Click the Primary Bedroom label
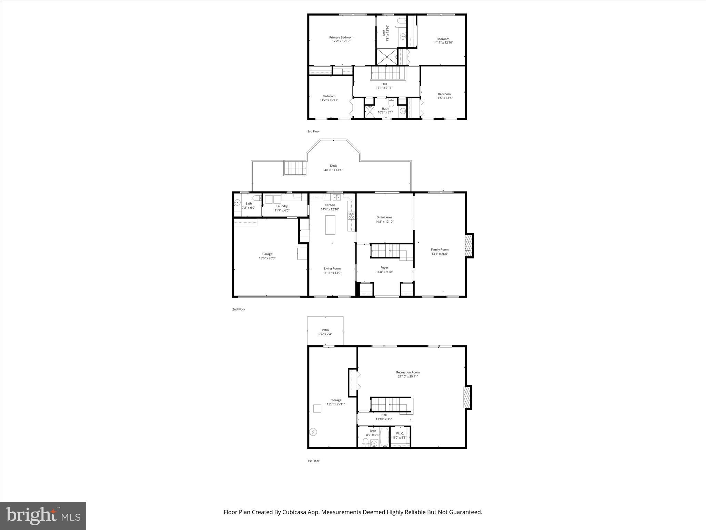[341, 37]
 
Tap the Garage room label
[267, 254]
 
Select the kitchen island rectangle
[330, 225]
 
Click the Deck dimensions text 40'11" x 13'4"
[333, 170]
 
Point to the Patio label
[325, 330]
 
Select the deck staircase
[295, 168]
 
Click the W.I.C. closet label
[400, 433]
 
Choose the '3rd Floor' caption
[313, 131]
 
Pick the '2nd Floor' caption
[239, 310]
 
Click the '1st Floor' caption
[313, 461]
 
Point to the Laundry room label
[282, 206]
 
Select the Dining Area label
[384, 217]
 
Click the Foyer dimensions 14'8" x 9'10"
[384, 272]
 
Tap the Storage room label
[336, 400]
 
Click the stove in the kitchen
[352, 216]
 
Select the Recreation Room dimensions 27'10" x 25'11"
[408, 376]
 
